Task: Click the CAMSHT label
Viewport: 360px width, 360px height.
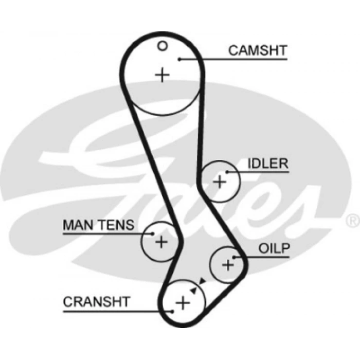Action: coord(258,50)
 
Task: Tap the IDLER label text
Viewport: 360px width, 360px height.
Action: coord(267,164)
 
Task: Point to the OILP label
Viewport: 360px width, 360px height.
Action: coord(274,249)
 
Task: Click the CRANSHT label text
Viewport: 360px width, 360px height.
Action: coord(97,302)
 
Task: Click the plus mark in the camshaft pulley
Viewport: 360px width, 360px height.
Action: coord(162,75)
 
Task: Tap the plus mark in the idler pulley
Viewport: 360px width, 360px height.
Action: coord(220,181)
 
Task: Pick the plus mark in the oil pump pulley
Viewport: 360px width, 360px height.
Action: coord(228,265)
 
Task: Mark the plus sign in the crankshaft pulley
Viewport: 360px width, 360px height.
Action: coord(183,302)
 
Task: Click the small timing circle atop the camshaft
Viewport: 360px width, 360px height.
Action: coord(163,46)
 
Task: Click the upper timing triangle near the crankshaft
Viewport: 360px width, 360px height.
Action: coord(202,281)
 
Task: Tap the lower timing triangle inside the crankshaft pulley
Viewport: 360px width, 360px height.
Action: coord(193,291)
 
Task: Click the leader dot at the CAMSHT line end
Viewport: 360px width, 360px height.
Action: coord(181,59)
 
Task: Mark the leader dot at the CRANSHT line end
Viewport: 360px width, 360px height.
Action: coord(172,311)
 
